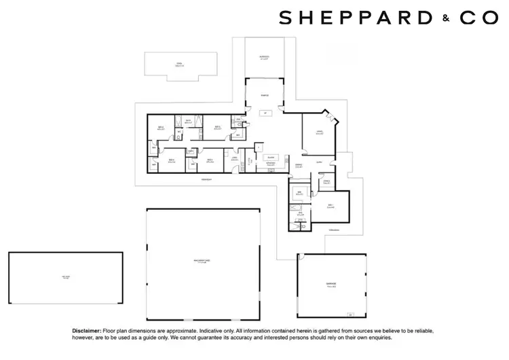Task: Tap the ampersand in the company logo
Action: tap(446, 19)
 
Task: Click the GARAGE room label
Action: tap(331, 284)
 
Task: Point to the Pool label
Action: tap(180, 65)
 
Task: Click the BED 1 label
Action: tap(331, 206)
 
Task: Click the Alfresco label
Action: tap(265, 57)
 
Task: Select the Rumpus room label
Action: tap(265, 96)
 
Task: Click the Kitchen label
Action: tap(269, 164)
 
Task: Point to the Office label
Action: tap(326, 181)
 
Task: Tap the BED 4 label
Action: tap(162, 128)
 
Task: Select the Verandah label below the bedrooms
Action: tap(206, 179)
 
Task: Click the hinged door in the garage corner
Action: tap(350, 314)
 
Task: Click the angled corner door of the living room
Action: tap(333, 119)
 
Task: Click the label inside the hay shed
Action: tap(66, 278)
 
